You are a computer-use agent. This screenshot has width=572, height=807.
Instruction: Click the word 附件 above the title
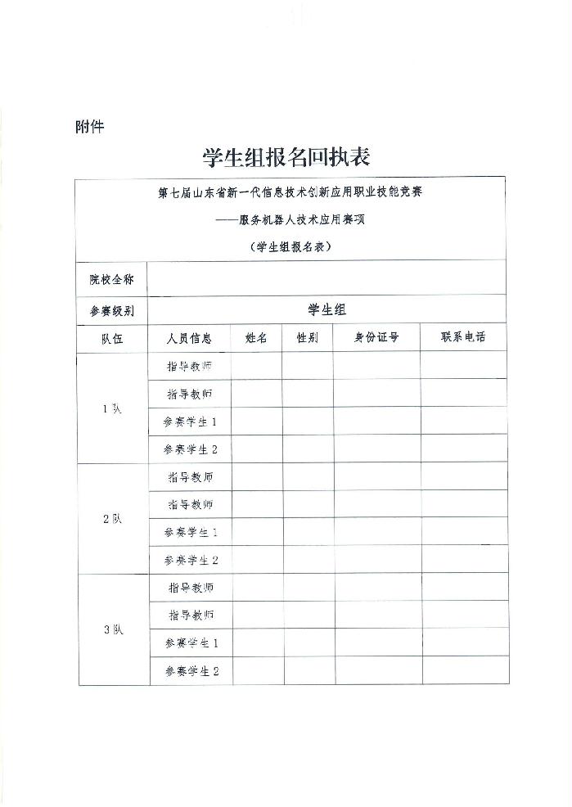[x=89, y=128]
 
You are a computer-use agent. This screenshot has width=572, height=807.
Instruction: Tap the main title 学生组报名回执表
[x=286, y=156]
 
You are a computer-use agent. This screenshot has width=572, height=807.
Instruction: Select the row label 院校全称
[x=112, y=280]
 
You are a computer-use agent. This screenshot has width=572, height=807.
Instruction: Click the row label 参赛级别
[x=112, y=311]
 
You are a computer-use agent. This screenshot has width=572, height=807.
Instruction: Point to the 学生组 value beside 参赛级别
[x=327, y=309]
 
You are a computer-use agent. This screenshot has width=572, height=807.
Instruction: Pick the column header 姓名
[x=256, y=338]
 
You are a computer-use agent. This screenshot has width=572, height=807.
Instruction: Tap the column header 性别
[x=307, y=338]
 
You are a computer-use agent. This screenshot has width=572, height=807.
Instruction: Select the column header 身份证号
[x=376, y=338]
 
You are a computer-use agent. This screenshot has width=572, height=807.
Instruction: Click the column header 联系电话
[x=463, y=337]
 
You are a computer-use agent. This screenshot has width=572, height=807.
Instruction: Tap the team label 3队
[x=113, y=630]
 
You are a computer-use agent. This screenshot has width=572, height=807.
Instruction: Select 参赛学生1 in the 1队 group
[x=190, y=422]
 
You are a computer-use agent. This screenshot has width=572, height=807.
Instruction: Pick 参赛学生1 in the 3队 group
[x=191, y=643]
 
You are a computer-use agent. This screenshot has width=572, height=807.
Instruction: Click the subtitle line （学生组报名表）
[x=290, y=246]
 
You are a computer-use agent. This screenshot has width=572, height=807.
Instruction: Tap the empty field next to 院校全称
[x=327, y=279]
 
